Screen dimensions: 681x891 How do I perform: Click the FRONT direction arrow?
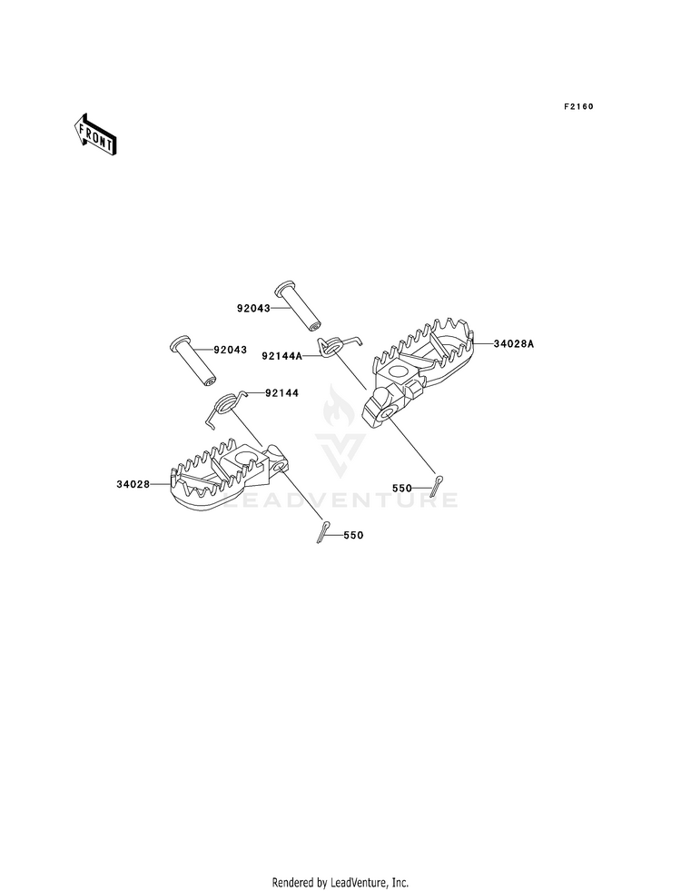(95, 134)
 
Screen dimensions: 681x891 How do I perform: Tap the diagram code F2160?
(578, 106)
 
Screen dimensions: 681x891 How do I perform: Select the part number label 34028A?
(514, 344)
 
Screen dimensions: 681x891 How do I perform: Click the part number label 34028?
(133, 484)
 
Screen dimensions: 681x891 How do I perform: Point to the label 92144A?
(282, 356)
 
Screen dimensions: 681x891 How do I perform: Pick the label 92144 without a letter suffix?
(281, 392)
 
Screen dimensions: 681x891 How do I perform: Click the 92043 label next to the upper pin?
(254, 309)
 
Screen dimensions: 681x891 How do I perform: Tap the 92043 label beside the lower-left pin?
(231, 350)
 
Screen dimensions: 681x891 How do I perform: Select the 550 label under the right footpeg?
(402, 488)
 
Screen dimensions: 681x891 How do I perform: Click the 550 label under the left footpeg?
(353, 535)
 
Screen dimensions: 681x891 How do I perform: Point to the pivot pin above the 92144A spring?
(298, 306)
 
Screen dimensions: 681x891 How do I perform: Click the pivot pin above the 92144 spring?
(193, 363)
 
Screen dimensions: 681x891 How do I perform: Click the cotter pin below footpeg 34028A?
(436, 485)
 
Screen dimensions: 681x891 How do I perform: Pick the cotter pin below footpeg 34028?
(323, 532)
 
